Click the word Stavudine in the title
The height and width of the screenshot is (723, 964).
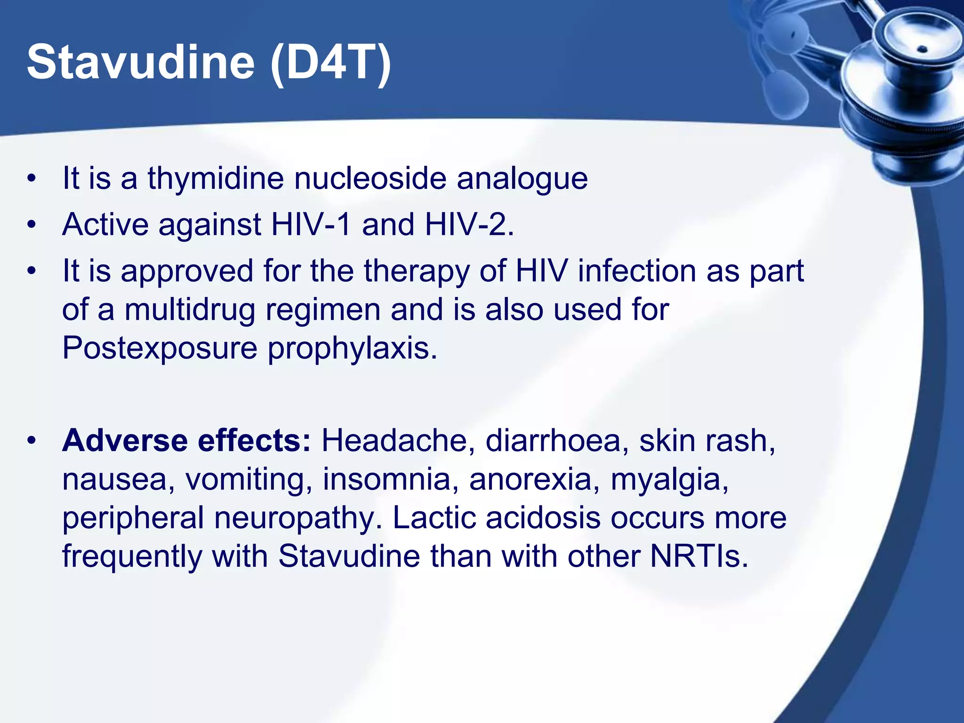(140, 62)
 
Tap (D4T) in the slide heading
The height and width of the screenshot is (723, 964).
(331, 62)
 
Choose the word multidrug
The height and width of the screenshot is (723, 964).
(189, 310)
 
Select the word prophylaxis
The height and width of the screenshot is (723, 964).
(352, 349)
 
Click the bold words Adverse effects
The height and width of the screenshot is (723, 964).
(186, 441)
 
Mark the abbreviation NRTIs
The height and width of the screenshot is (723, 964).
(699, 556)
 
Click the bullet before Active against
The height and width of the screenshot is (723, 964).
(32, 225)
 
